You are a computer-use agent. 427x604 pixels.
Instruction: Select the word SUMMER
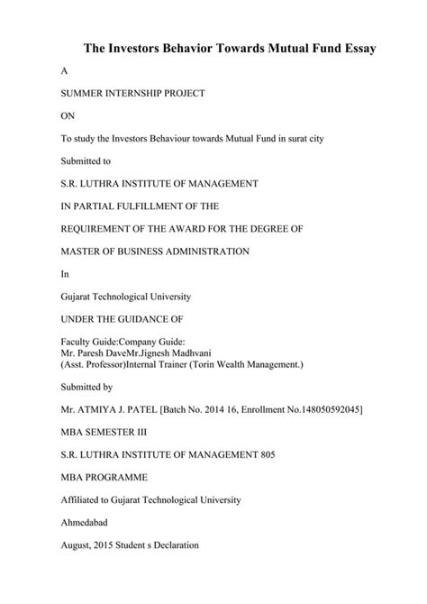point(81,94)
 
